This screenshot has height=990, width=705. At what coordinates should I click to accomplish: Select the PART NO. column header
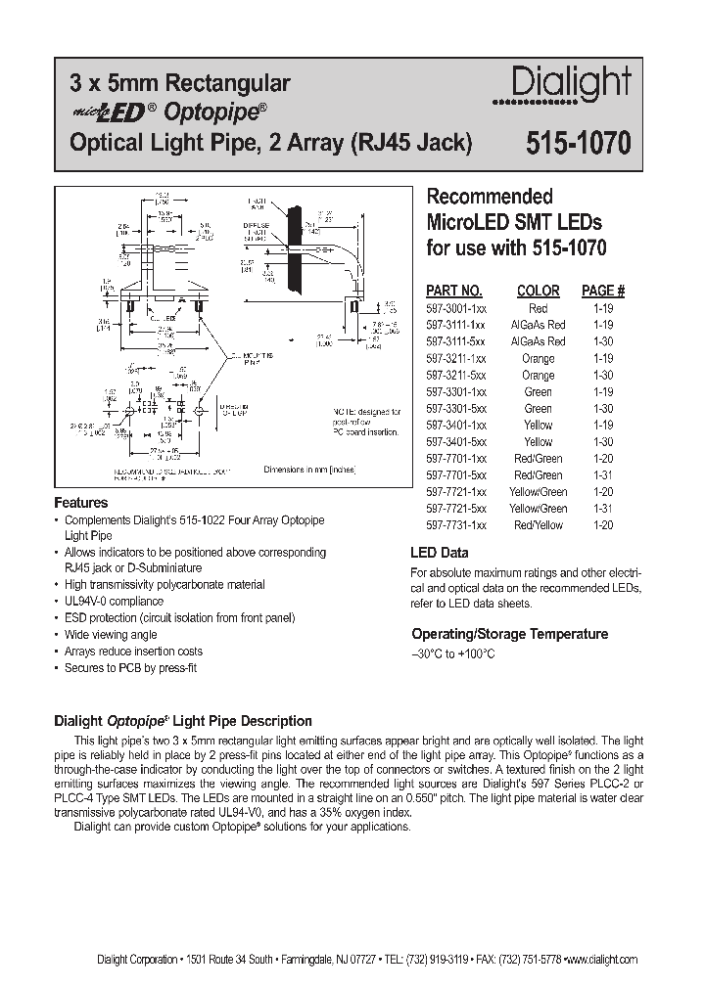(453, 291)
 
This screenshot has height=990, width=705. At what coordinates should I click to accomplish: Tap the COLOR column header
(538, 291)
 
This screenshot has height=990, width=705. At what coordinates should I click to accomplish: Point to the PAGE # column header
(603, 291)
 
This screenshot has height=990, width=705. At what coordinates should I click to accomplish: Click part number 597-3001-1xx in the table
(454, 308)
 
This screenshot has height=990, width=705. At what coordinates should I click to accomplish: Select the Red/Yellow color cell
(538, 525)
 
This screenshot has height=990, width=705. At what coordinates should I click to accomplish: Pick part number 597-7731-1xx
(454, 525)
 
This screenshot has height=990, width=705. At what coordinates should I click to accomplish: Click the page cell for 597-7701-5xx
(603, 475)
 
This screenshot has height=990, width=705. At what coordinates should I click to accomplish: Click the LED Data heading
(440, 553)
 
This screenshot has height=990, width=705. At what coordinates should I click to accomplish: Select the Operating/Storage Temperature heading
(509, 634)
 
